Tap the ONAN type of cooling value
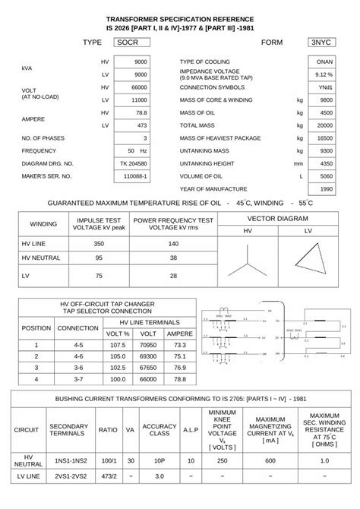pos(324,61)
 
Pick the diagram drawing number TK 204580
pos(134,163)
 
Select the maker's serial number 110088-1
pos(135,176)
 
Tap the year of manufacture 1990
pos(327,188)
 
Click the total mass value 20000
pos(326,125)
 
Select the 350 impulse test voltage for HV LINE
pos(99,244)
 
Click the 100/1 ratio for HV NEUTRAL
pos(108,461)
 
